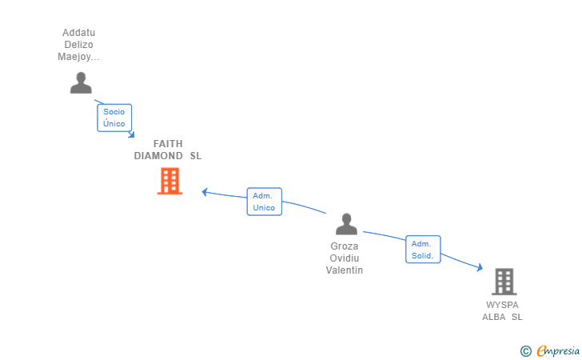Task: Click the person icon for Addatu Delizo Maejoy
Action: [81, 82]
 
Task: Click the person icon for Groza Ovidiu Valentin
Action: [346, 224]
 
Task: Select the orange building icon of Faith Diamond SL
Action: [169, 182]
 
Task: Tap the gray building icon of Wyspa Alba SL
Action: [504, 282]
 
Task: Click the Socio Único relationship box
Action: [114, 118]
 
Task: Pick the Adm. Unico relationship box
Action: [264, 202]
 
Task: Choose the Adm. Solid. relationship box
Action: [422, 250]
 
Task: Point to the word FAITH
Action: [168, 143]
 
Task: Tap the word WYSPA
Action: [502, 305]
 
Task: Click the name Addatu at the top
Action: [78, 33]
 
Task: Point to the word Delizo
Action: [78, 45]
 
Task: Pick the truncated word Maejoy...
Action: [78, 57]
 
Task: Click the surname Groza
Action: [345, 246]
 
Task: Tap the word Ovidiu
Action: [345, 258]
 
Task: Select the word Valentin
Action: [345, 270]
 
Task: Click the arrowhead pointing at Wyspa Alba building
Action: [479, 269]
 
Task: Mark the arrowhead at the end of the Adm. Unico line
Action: [205, 191]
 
